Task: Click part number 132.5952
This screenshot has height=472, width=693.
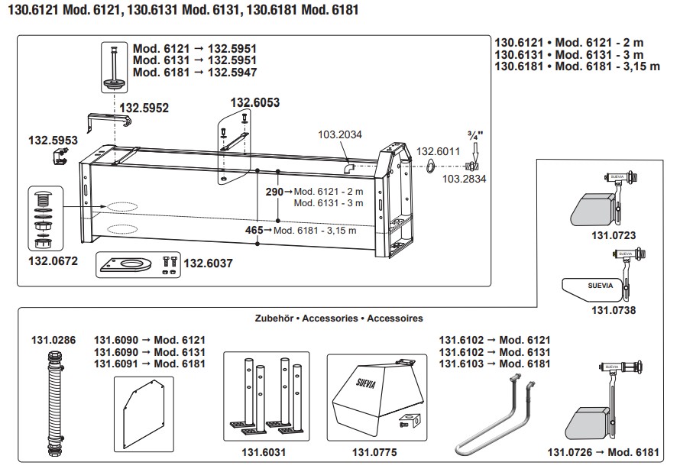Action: tap(144, 108)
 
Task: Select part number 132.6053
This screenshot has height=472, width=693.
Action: tap(255, 102)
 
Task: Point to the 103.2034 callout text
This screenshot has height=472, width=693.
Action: tap(340, 134)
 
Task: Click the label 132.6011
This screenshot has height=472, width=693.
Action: tap(438, 151)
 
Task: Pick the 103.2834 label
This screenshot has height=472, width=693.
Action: tap(464, 178)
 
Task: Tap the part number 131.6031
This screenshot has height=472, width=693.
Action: tap(265, 452)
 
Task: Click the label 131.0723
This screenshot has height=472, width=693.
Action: tap(613, 235)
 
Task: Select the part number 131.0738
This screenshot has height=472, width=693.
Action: tap(613, 310)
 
